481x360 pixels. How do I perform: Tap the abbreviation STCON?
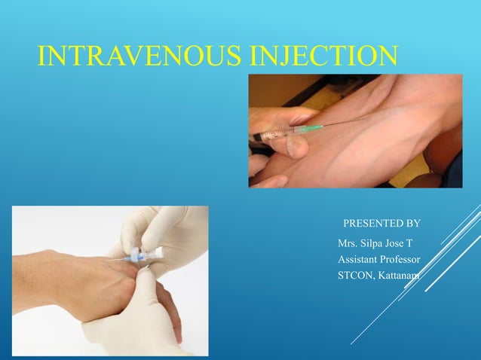tap(357, 276)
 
